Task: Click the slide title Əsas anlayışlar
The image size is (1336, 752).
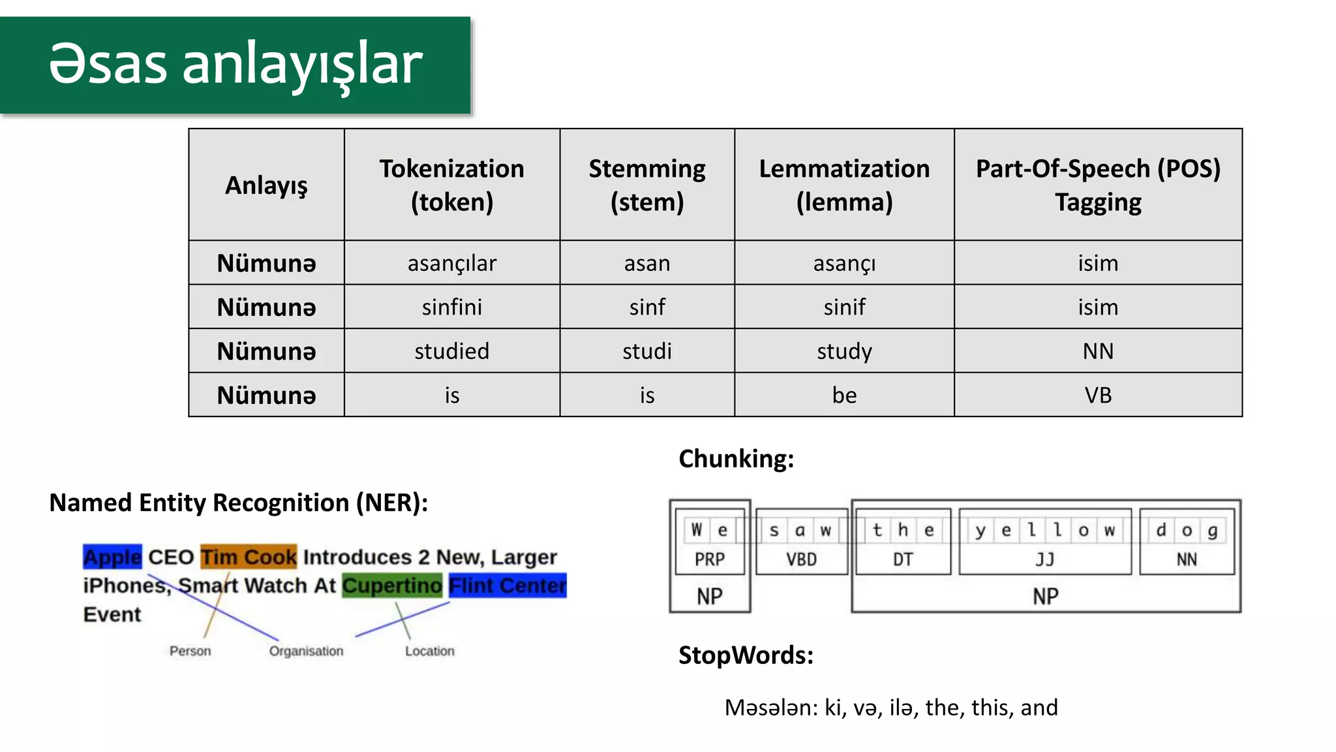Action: [x=235, y=65]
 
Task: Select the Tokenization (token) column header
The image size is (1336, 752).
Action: [x=451, y=185]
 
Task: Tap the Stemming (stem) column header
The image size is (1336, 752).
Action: [x=646, y=185]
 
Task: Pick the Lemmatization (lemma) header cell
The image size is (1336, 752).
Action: [x=844, y=185]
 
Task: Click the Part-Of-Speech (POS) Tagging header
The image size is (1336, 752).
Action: [x=1098, y=185]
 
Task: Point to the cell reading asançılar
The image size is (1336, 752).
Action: [x=451, y=263]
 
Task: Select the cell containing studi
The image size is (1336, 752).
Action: [x=646, y=351]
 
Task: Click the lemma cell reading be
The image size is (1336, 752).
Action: [x=844, y=395]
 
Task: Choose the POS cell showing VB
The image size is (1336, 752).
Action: [x=1098, y=395]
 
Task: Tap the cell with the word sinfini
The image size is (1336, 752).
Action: [x=451, y=307]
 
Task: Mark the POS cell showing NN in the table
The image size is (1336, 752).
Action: [x=1098, y=351]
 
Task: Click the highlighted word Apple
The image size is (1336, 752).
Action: [x=112, y=557]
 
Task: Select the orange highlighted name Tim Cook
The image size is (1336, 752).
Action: [x=249, y=557]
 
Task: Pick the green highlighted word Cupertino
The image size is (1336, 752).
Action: [x=392, y=586]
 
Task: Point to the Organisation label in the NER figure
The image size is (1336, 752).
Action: [x=306, y=651]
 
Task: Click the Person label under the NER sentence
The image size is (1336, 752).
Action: [x=190, y=651]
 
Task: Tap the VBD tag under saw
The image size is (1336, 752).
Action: [x=801, y=559]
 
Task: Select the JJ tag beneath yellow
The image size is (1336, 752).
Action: [x=1044, y=559]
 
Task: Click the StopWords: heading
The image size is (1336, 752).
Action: [x=746, y=655]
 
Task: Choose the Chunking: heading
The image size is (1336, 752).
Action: [x=736, y=458]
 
